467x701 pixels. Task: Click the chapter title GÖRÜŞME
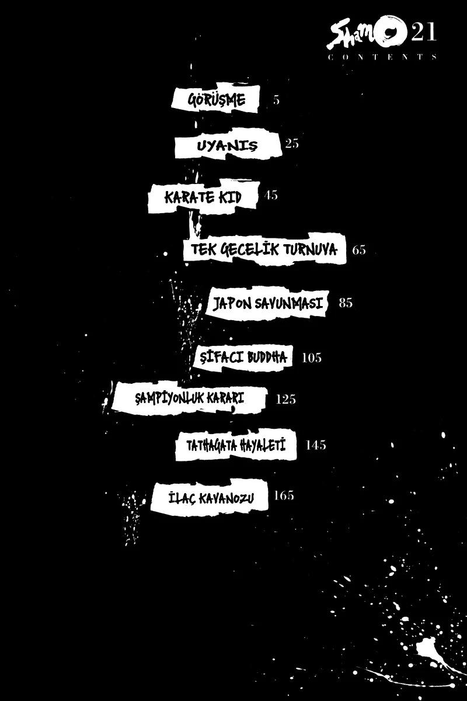point(216,100)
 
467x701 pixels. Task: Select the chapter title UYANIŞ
point(227,146)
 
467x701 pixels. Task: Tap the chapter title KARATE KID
point(203,197)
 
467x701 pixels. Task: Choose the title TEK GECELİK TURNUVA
point(264,249)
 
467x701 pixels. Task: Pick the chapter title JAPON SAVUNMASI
point(267,304)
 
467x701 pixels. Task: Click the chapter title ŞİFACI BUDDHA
point(243,357)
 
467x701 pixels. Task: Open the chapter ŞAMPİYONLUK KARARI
point(189,398)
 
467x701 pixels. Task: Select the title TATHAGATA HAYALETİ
point(236,445)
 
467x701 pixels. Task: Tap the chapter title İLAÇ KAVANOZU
point(211,498)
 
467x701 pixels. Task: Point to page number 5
point(276,100)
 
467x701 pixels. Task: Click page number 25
point(291,144)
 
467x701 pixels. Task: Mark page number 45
point(271,195)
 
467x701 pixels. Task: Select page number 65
point(359,250)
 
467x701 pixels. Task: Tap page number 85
point(346,303)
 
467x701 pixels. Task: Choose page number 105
point(312,358)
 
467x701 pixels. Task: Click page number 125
point(286,400)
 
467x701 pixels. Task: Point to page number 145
point(316,445)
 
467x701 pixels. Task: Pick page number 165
point(284,495)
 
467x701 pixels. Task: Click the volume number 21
point(424,32)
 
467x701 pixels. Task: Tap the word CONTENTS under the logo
point(382,57)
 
